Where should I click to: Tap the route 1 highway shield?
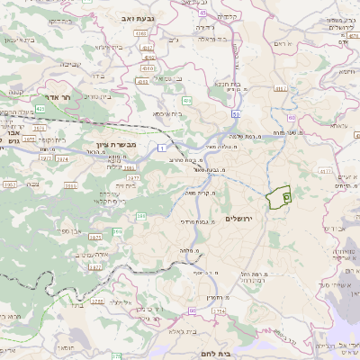tap(160, 147)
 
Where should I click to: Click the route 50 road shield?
tap(235, 115)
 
